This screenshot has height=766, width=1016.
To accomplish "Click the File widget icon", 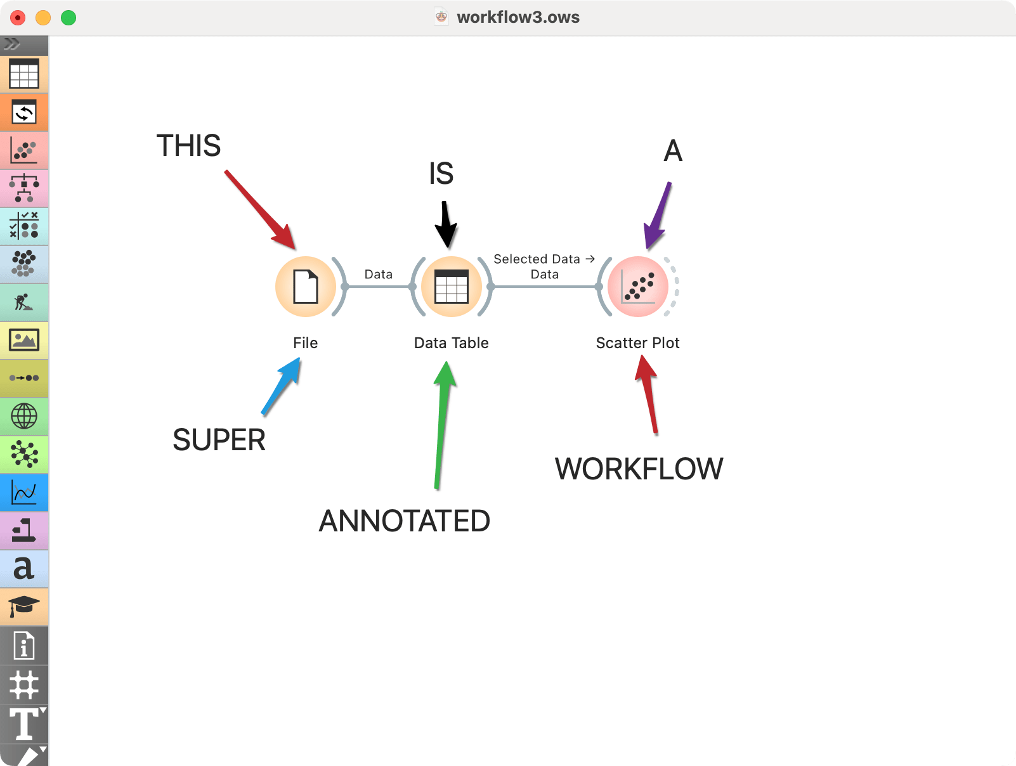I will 306,287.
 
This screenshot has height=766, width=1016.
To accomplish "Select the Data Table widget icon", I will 451,287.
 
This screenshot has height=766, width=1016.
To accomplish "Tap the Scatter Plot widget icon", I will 637,287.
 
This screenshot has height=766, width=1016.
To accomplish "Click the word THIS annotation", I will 188,146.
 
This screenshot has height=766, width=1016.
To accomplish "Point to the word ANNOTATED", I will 404,521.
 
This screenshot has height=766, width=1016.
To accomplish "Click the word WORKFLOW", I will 639,469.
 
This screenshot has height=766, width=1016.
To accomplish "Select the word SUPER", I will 219,440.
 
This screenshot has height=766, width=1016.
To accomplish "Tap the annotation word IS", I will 441,174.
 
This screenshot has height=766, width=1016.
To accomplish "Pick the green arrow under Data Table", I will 443,425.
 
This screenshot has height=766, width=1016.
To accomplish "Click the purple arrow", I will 657,216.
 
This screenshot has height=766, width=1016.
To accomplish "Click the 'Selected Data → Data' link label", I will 544,266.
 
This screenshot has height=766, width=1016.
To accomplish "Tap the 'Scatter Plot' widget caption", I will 637,343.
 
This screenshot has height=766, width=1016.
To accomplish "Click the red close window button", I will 18,18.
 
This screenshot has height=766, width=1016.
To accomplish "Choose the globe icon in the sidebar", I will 24,417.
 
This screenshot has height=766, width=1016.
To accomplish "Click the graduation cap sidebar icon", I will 24,606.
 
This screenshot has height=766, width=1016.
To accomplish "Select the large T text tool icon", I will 24,724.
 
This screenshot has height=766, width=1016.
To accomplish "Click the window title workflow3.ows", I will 518,17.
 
